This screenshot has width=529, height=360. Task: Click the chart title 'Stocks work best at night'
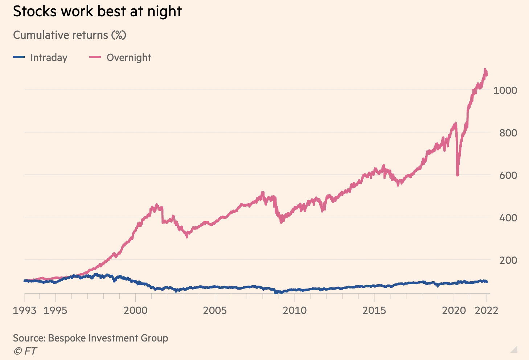click(x=97, y=12)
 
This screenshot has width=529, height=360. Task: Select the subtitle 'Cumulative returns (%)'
click(x=70, y=35)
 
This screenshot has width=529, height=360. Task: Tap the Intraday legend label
click(x=49, y=58)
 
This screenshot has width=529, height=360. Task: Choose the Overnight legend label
click(x=129, y=58)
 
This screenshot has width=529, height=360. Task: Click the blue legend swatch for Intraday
click(x=19, y=57)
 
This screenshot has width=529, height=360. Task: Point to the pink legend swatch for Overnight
click(x=95, y=57)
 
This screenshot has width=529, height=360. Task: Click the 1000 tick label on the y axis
click(x=505, y=90)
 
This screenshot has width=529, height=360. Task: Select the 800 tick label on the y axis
click(x=508, y=133)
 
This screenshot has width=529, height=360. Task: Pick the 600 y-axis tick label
click(x=508, y=175)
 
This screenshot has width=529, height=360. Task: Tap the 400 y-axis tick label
click(x=508, y=218)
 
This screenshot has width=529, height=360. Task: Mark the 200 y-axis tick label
click(x=508, y=260)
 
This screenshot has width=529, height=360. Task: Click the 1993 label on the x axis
click(x=25, y=311)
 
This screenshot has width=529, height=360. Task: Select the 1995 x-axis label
click(x=55, y=311)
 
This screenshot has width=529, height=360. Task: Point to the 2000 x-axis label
click(x=135, y=311)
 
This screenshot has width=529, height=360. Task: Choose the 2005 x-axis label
click(x=215, y=311)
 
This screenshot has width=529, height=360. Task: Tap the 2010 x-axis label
click(x=295, y=311)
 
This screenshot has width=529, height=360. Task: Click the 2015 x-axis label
click(x=374, y=311)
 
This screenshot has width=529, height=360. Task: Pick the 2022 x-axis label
click(x=487, y=311)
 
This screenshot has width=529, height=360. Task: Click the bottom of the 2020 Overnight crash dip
click(x=458, y=175)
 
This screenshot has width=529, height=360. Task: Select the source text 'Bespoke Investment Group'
click(x=108, y=338)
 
